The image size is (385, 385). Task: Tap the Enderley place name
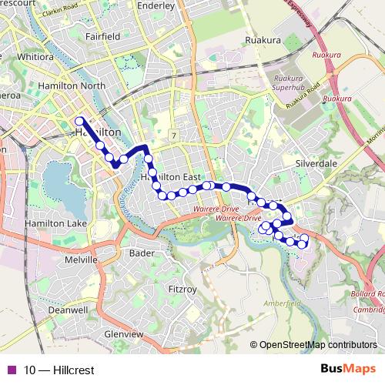[156, 4]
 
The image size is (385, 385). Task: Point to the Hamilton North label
[76, 85]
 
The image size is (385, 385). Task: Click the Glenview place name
[123, 335]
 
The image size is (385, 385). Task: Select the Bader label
[142, 253]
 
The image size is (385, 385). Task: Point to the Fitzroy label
[182, 289]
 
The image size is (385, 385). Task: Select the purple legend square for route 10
[11, 370]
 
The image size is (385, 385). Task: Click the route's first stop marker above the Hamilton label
[79, 121]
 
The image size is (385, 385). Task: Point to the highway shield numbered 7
[174, 136]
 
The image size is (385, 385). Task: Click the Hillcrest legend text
[59, 370]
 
